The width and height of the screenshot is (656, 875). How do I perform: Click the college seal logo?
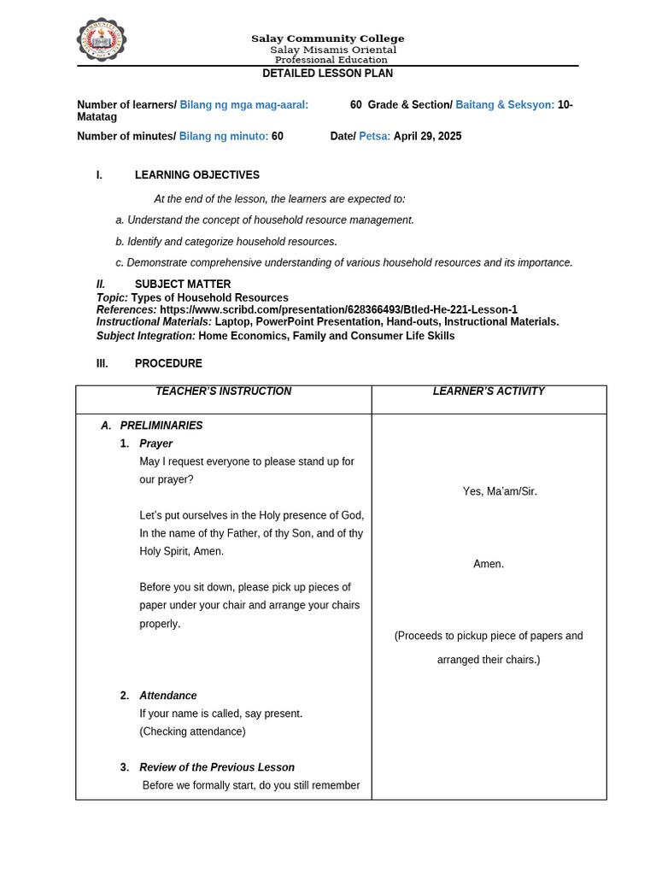click(x=102, y=40)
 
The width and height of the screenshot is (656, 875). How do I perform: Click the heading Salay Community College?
click(x=327, y=38)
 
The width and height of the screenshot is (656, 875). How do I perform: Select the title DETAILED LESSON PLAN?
click(x=327, y=73)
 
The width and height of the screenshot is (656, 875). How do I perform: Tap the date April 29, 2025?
click(x=427, y=136)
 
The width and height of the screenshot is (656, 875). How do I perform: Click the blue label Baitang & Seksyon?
click(x=505, y=104)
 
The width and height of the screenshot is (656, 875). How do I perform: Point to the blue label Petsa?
click(x=375, y=136)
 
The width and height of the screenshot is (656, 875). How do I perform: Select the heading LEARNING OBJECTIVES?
click(x=197, y=175)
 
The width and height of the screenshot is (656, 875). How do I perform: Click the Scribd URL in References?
click(x=338, y=309)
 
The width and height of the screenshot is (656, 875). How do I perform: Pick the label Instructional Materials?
click(x=154, y=322)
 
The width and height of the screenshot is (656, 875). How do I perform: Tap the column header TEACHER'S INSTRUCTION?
click(x=223, y=391)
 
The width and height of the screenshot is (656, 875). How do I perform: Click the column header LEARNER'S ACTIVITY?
click(x=489, y=391)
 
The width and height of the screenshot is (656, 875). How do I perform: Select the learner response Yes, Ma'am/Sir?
click(x=500, y=491)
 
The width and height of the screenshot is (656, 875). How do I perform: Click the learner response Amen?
click(x=489, y=564)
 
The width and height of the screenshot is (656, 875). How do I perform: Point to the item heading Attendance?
click(x=168, y=696)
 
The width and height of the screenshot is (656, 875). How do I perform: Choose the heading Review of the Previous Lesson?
click(x=217, y=767)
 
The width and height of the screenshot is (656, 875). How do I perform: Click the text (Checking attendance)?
click(x=192, y=731)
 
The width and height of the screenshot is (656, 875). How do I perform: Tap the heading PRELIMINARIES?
click(x=161, y=426)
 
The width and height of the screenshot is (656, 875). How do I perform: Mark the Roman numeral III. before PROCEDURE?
click(x=102, y=363)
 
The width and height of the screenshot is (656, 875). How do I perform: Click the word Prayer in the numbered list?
click(x=156, y=443)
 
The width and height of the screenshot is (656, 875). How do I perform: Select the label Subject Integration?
click(x=146, y=336)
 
